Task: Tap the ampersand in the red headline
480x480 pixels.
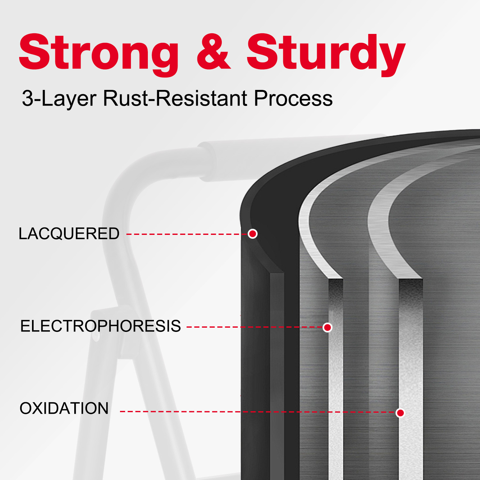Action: [x=213, y=51]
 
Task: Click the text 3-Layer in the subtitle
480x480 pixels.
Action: [x=59, y=99]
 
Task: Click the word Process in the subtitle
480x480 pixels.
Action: [x=293, y=98]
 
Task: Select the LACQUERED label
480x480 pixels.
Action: [x=69, y=234]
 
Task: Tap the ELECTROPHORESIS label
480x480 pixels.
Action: [x=100, y=326]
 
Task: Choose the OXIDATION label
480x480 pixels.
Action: [x=64, y=408]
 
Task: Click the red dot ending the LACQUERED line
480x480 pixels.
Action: [x=253, y=234]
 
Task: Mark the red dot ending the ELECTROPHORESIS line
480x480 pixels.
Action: [x=327, y=327]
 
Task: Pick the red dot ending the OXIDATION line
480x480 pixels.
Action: [x=400, y=413]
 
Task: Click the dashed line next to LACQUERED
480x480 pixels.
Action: [x=187, y=234]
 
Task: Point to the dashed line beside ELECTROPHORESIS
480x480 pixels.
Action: [x=255, y=327]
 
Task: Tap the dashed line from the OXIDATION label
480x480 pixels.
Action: [x=258, y=412]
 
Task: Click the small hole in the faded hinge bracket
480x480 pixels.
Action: [x=96, y=338]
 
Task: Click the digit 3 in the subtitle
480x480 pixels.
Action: [x=28, y=98]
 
